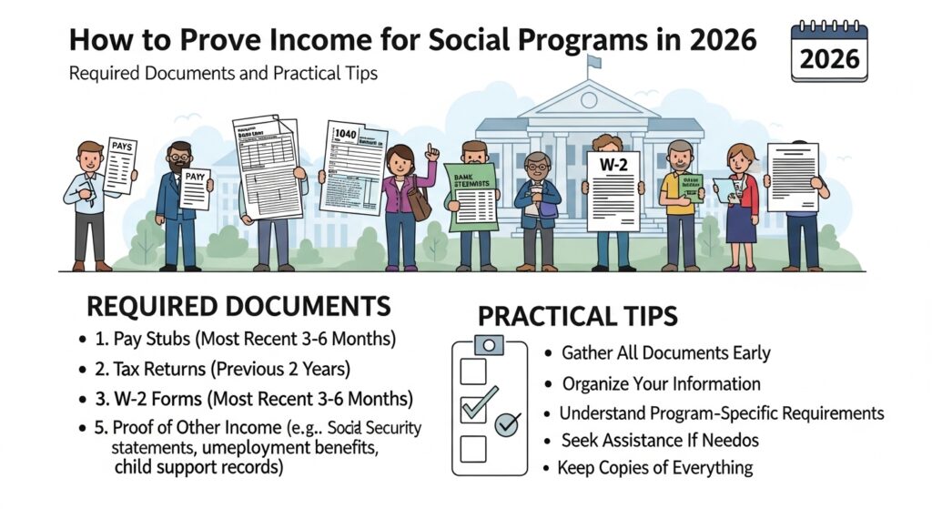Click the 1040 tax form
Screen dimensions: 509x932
(352, 166)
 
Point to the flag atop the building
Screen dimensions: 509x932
(594, 63)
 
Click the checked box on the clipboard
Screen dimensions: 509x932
(475, 406)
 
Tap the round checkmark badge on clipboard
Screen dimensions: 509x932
(506, 423)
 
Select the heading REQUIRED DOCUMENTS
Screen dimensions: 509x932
(239, 307)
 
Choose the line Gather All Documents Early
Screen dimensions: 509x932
(666, 353)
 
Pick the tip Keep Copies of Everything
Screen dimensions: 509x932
(655, 468)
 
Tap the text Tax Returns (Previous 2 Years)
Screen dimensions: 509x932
(233, 369)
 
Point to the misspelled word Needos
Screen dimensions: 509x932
(724, 441)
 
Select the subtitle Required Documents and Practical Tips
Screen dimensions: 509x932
(224, 73)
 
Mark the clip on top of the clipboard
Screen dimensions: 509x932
(490, 344)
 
